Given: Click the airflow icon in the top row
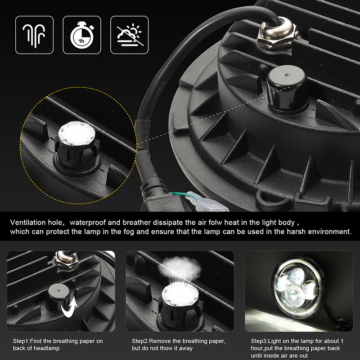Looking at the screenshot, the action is pos(35,35).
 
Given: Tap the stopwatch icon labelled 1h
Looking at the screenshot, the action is pos(82,35).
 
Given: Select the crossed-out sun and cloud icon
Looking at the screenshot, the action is pos(130,35).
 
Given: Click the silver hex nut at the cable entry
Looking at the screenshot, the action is pos(277,35).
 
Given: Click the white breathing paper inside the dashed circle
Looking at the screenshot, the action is pos(76,133).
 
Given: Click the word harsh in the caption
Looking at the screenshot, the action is pos(296,231).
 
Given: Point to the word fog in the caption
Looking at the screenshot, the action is pos(129,232).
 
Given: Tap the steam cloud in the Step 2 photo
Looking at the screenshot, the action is pos(180,268).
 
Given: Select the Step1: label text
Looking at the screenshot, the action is pos(21,341).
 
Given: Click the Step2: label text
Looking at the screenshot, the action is pos(140,341).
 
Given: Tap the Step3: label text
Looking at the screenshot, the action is pos(260,341).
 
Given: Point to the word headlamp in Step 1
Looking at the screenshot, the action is pos(48,348).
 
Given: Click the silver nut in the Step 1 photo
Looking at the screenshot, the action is pos(65,260).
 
